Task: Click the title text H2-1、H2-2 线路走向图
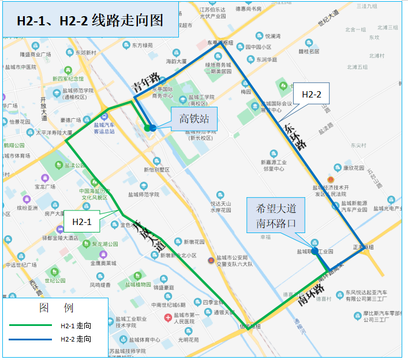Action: click(89, 21)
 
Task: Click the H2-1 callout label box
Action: click(81, 221)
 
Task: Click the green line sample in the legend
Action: click(30, 325)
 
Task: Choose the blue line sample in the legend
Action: click(30, 339)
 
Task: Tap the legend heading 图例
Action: click(56, 308)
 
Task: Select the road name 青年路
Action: click(145, 82)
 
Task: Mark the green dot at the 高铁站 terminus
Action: click(147, 127)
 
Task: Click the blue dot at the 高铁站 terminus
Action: click(153, 127)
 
